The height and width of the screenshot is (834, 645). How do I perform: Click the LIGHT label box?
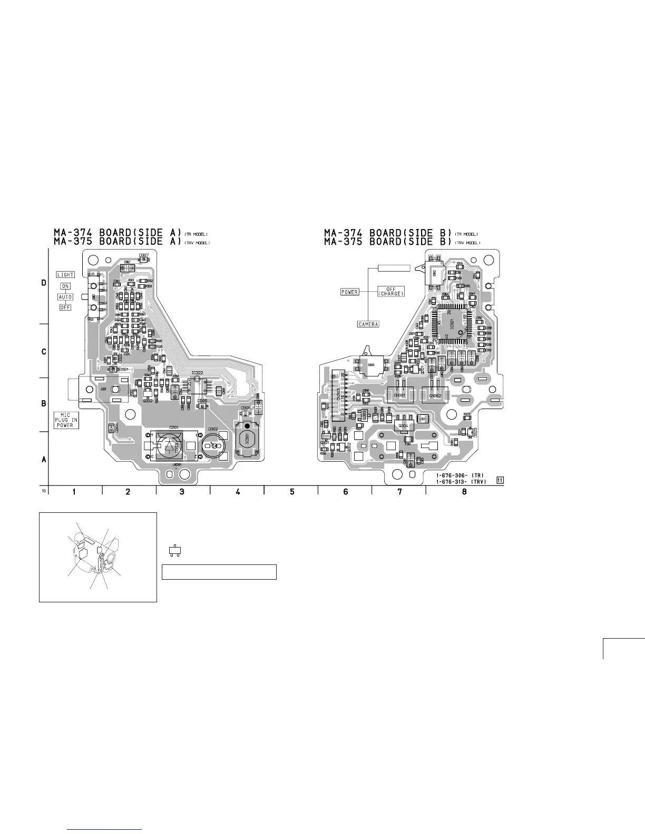(66, 274)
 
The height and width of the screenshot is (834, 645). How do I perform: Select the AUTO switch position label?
(65, 297)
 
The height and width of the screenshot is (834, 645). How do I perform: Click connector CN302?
(435, 395)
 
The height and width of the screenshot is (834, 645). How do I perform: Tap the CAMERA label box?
(368, 324)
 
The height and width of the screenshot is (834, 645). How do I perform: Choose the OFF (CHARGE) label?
(391, 291)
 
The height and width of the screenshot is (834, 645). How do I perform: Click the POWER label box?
(349, 292)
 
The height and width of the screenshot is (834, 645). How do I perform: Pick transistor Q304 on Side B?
(404, 425)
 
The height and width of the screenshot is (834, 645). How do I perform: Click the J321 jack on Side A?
(104, 390)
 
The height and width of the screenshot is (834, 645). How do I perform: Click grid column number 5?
(291, 492)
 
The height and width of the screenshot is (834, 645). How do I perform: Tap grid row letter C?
(44, 351)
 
